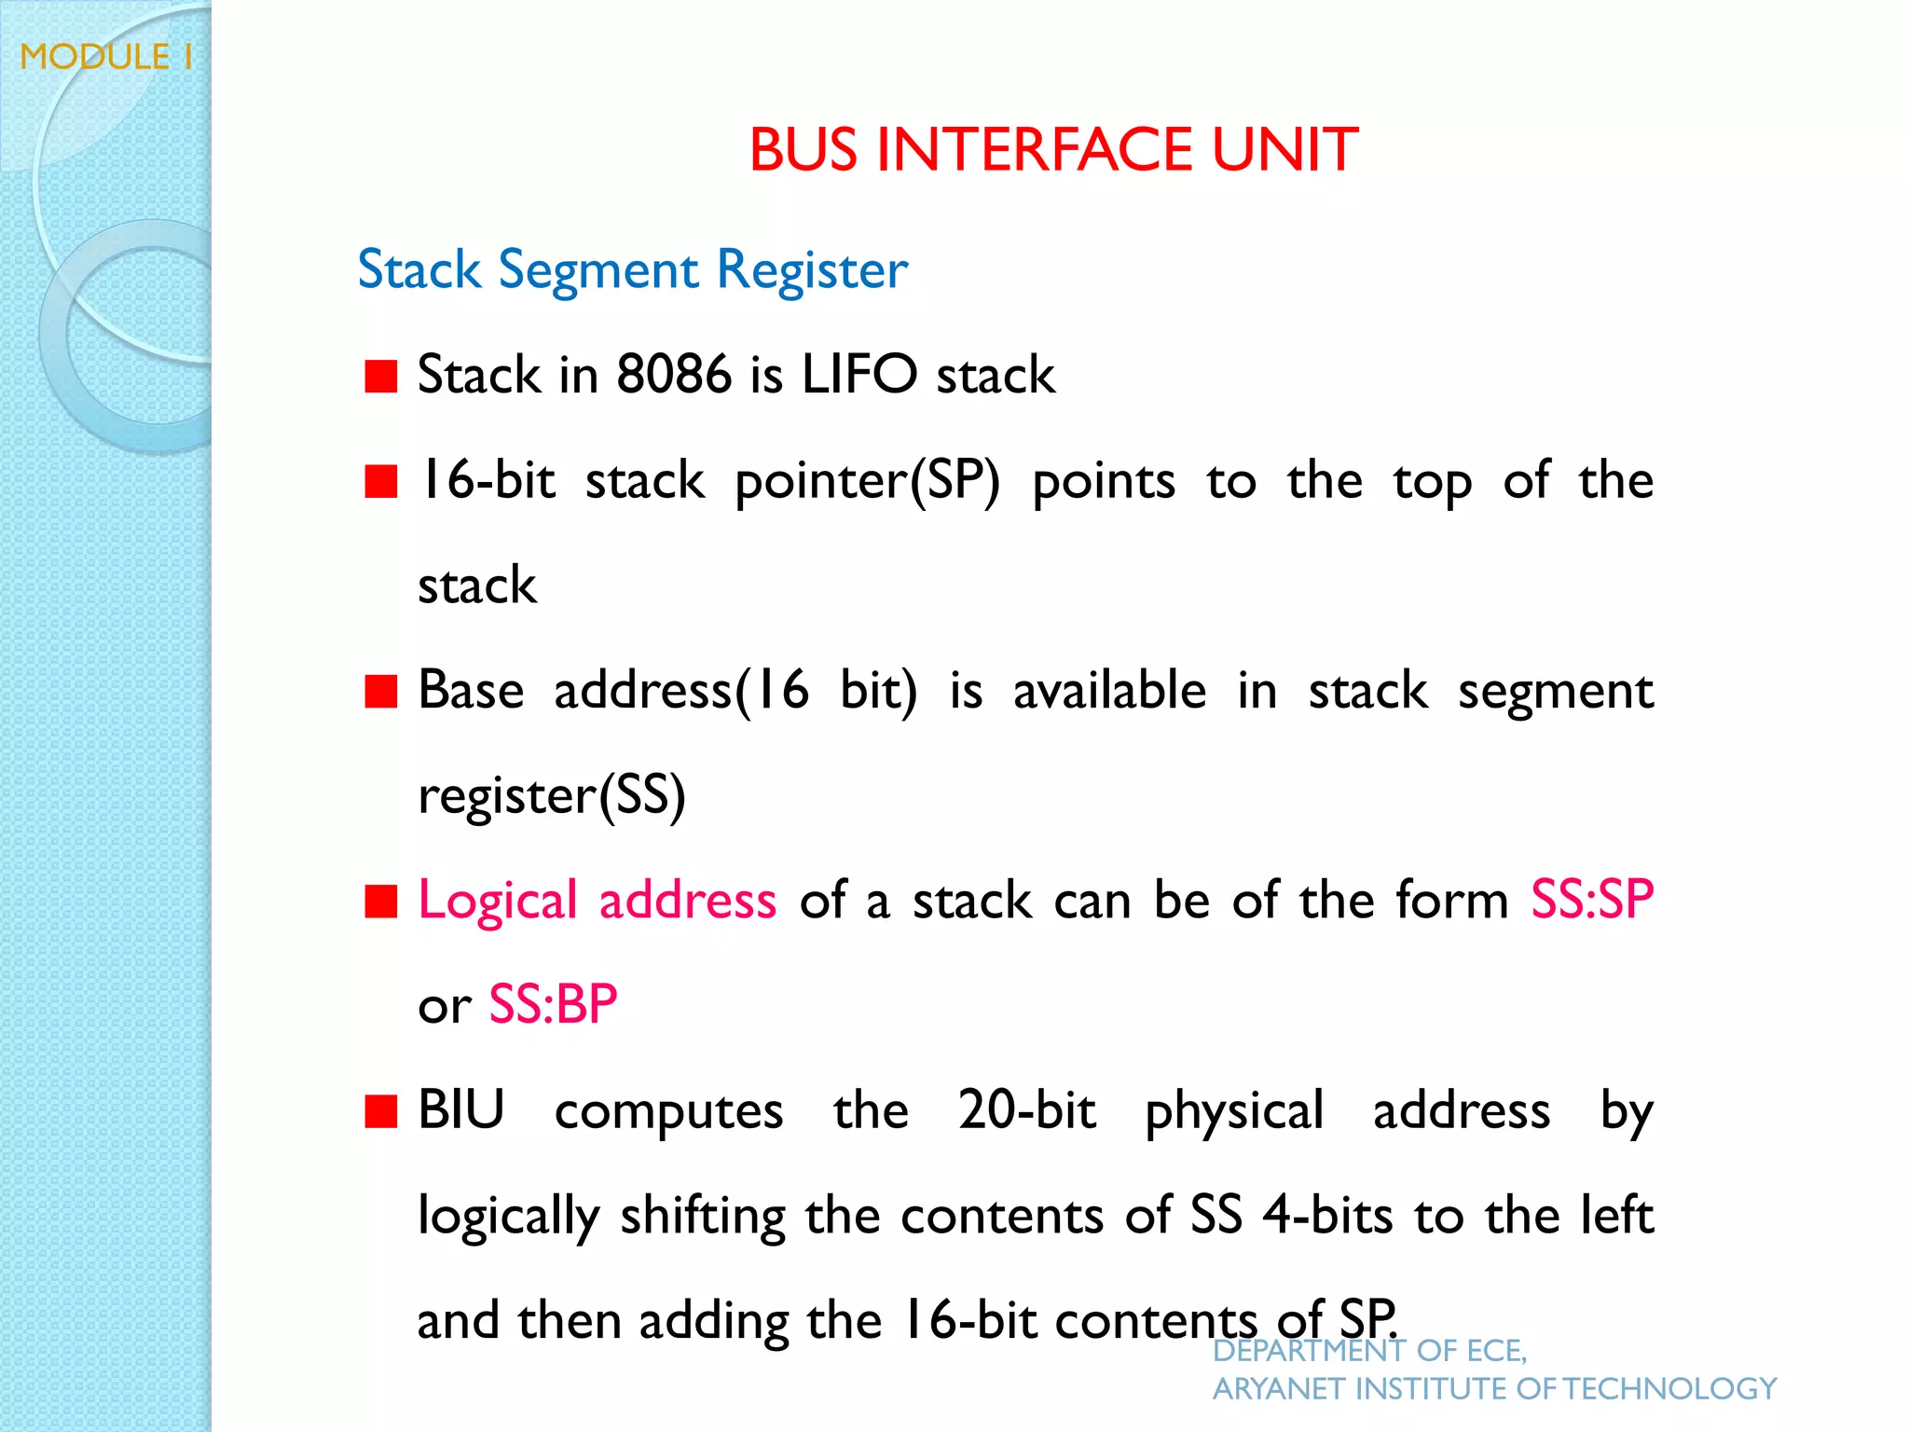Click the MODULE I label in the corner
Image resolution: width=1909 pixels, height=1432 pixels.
point(106,58)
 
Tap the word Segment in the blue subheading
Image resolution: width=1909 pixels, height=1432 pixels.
point(597,271)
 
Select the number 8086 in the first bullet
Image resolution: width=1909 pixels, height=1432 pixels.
point(674,375)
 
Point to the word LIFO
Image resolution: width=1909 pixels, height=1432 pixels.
point(858,375)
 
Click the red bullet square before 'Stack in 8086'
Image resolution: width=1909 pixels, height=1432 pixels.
point(381,377)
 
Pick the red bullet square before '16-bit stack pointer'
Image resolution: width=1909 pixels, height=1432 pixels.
point(381,482)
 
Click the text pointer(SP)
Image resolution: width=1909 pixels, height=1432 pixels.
point(867,482)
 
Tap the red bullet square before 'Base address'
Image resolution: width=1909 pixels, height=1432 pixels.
point(381,692)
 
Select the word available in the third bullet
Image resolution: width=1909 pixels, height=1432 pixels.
point(1109,692)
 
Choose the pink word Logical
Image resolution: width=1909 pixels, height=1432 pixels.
point(498,902)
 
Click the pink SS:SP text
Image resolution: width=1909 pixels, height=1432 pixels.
point(1591,901)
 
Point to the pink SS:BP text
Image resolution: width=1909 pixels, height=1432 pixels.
point(553,1005)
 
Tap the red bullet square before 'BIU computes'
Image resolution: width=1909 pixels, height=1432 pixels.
point(381,1111)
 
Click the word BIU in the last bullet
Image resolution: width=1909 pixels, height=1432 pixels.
point(460,1110)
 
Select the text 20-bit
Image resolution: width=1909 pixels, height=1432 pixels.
point(1026,1110)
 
